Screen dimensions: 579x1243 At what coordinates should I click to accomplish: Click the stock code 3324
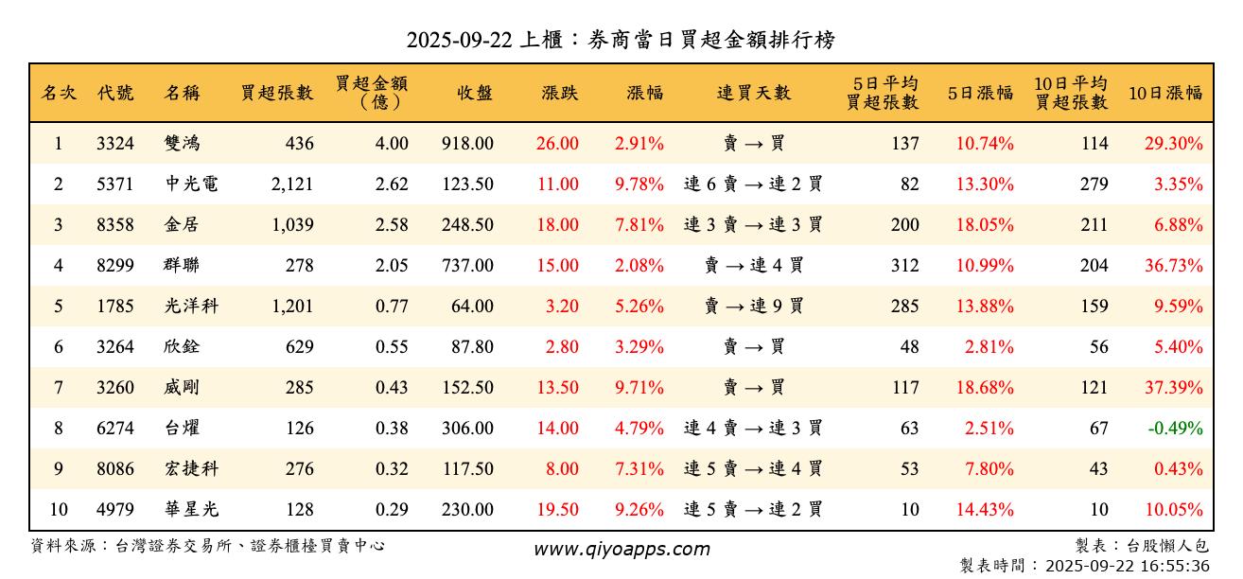(115, 144)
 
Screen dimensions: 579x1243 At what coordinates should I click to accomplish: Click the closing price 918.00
(467, 144)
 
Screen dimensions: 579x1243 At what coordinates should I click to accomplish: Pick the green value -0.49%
(1175, 429)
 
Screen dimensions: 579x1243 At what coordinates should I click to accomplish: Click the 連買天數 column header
(753, 93)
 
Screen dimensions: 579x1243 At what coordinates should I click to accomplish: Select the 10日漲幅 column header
(1165, 93)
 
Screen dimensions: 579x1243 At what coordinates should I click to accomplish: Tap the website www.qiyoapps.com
(621, 550)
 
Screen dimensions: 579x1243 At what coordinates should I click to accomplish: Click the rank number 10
(59, 510)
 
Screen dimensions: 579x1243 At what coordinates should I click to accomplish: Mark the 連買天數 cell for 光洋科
(753, 307)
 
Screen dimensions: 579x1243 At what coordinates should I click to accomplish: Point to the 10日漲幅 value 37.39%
(1174, 388)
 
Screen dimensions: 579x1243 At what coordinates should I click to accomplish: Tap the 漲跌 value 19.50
(558, 510)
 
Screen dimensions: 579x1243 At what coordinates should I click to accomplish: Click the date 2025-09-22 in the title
(459, 41)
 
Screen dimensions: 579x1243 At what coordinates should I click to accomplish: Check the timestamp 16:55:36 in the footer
(1176, 566)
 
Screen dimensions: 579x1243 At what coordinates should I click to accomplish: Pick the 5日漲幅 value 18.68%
(985, 388)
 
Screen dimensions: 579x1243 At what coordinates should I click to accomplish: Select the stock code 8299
(115, 266)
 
